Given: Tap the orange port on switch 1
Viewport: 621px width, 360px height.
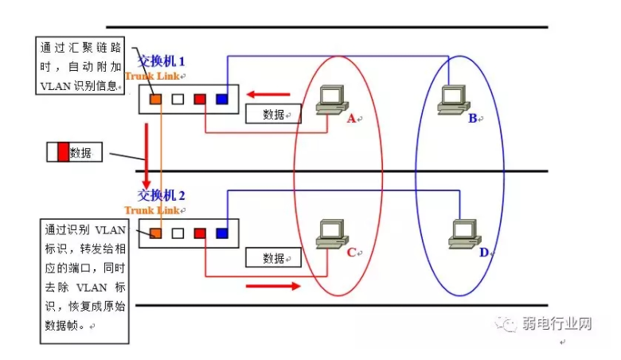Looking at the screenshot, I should (155, 100).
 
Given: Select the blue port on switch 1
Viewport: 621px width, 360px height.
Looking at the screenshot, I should (221, 100).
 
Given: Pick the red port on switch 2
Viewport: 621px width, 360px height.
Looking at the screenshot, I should (200, 233).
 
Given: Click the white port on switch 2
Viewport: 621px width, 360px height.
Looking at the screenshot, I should (178, 233).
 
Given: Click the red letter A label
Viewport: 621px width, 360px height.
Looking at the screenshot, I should (350, 119).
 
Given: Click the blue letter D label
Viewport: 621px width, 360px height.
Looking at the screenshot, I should (483, 252).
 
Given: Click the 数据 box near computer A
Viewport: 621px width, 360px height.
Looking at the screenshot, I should (273, 115).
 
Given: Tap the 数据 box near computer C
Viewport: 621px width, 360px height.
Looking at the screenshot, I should (273, 258).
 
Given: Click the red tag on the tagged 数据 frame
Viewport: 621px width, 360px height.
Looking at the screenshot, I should (64, 152).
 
